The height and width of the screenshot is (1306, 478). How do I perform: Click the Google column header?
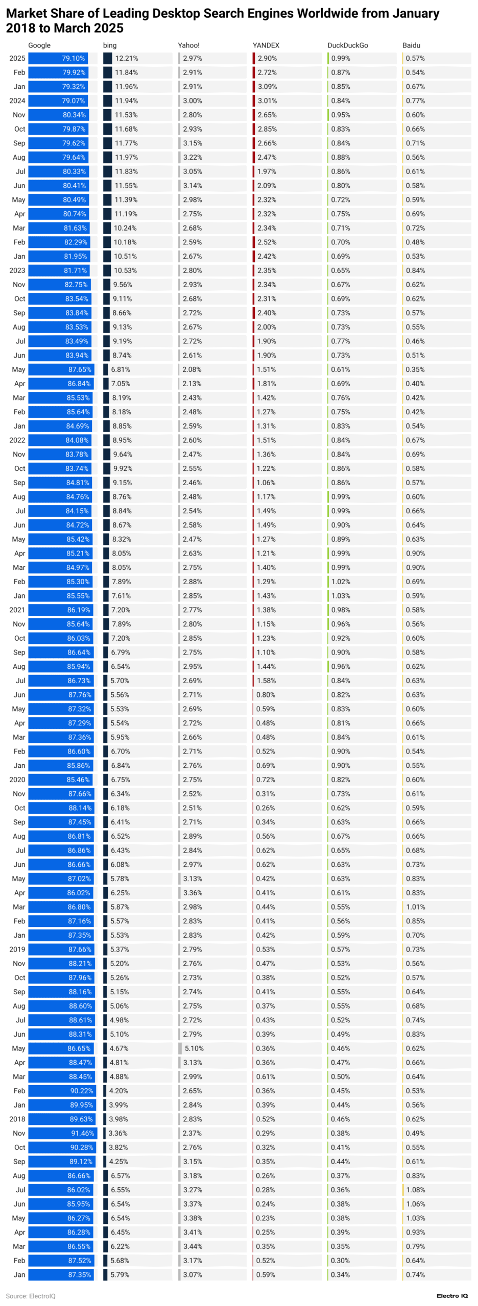(x=39, y=45)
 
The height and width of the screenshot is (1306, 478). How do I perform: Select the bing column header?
(x=110, y=45)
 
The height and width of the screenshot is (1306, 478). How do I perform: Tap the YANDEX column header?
(x=266, y=45)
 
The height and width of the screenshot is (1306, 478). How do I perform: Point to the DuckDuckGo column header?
(x=348, y=45)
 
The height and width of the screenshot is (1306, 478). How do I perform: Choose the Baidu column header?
(x=411, y=45)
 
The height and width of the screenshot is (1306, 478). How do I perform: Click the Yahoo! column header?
(x=188, y=45)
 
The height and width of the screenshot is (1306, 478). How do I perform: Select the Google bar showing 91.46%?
(x=62, y=1133)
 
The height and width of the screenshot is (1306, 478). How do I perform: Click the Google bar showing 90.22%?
(x=62, y=1091)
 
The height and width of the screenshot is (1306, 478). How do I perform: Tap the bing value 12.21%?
(x=127, y=59)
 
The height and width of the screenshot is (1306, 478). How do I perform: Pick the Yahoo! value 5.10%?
(x=194, y=1048)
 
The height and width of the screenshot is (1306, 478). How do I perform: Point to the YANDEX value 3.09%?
(x=267, y=87)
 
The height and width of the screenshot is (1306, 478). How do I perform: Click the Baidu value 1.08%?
(x=415, y=1190)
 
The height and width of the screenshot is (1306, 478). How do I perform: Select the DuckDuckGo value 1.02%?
(x=341, y=582)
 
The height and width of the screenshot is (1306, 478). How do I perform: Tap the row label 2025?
(x=17, y=59)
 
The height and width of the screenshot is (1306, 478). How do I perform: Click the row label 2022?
(x=17, y=440)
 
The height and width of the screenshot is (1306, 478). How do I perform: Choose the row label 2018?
(x=17, y=1119)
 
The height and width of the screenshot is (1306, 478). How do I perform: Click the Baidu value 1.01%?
(x=415, y=907)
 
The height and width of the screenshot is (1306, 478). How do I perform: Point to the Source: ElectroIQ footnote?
(x=31, y=1296)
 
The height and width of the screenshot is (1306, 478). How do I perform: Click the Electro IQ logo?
(x=452, y=1296)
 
